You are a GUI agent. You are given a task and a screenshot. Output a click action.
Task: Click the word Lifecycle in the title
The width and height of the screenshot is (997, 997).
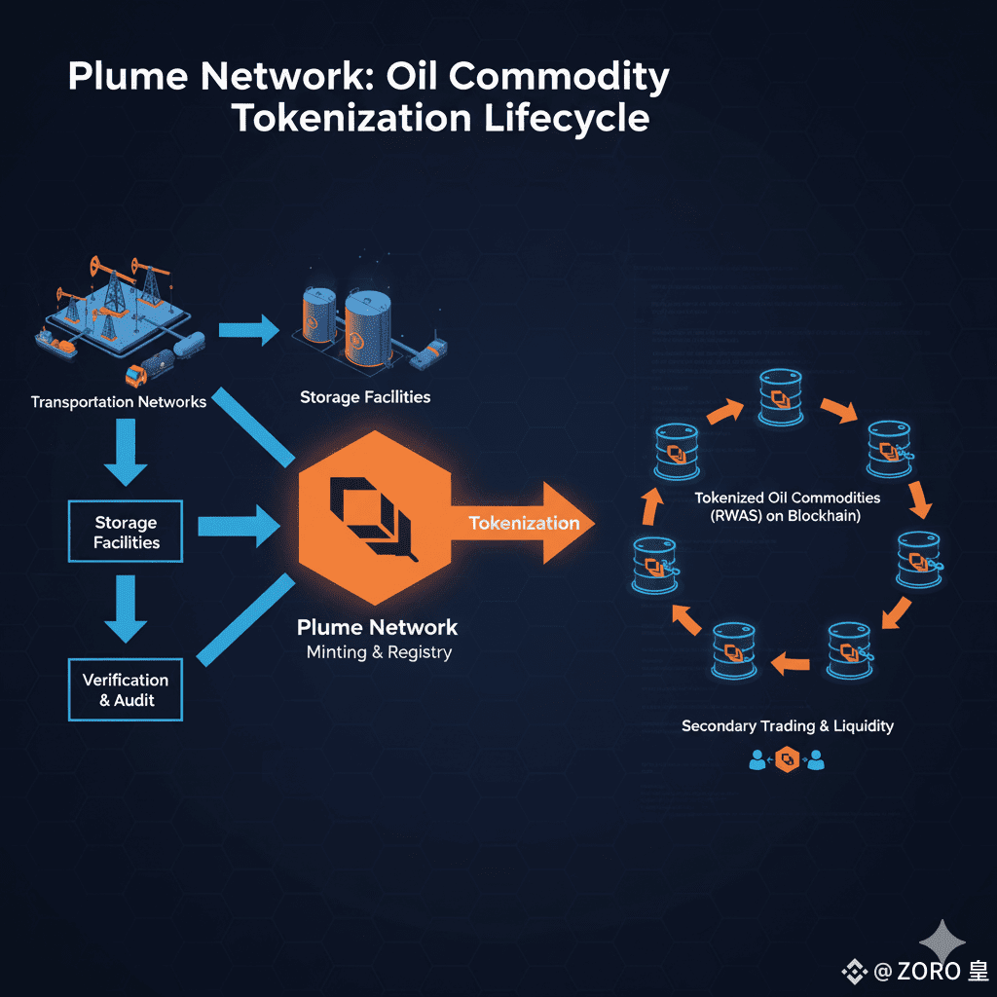point(564,118)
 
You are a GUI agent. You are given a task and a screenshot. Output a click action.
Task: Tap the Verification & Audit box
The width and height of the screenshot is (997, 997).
point(126,689)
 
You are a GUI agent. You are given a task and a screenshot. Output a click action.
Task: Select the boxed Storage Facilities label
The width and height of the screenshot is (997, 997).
point(126,533)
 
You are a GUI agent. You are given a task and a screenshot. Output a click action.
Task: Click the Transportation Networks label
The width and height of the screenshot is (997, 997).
point(118,401)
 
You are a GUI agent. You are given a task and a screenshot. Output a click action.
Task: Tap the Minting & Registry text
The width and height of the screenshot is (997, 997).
point(379,652)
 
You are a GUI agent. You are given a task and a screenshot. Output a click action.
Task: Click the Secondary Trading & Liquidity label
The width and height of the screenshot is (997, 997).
point(787,726)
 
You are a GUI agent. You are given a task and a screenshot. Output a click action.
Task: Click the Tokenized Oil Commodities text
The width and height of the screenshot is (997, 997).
point(787,498)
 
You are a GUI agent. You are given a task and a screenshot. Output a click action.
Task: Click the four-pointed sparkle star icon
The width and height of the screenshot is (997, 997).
point(942,942)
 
